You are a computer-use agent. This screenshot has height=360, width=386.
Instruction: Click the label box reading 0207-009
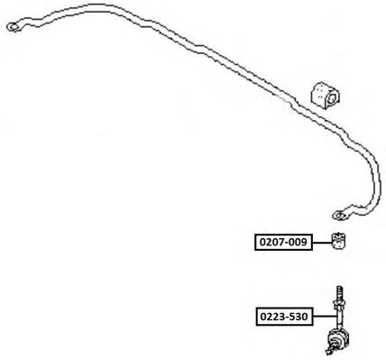tap(283, 242)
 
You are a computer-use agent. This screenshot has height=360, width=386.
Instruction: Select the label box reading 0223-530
tap(284, 316)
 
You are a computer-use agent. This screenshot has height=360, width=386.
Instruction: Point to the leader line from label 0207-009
tap(322, 243)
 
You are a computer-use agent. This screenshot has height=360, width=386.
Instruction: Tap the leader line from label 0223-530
tap(325, 316)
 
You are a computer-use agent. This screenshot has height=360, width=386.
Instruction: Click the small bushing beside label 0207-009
tap(339, 241)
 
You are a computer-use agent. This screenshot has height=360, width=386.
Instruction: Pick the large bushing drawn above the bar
tap(326, 94)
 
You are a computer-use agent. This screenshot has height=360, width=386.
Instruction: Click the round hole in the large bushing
tap(333, 99)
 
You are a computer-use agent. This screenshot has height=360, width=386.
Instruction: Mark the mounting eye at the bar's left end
tap(14, 27)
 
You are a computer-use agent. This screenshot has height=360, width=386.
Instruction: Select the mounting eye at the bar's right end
tap(340, 216)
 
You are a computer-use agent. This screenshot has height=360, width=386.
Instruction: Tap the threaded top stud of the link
tap(339, 292)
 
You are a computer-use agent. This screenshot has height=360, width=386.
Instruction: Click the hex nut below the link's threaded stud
tap(339, 304)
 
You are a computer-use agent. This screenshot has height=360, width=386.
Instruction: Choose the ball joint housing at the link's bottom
tap(338, 340)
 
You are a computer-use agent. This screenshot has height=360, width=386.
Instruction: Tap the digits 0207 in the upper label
tap(271, 242)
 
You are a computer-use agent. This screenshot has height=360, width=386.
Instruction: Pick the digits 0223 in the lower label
tap(271, 317)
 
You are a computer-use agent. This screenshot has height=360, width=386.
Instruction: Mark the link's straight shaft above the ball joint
tap(339, 319)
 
